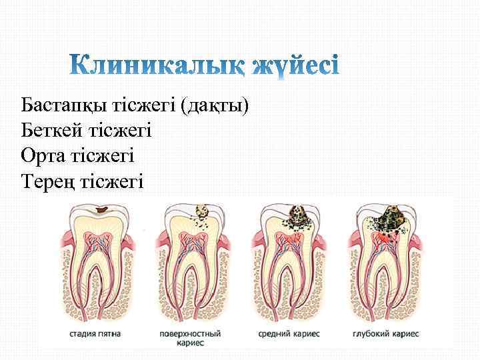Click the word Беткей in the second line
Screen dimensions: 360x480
[49, 130]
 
